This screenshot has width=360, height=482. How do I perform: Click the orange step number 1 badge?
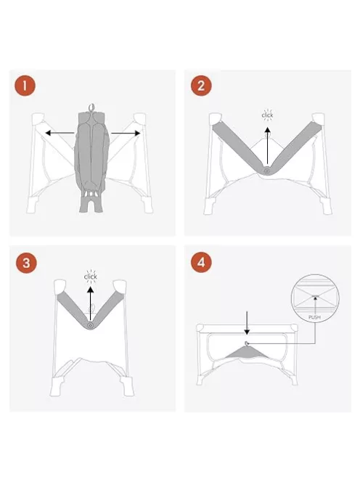pos(25,86)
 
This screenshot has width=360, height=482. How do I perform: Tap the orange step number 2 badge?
pos(201,86)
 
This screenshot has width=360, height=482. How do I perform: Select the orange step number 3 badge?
pos(26,263)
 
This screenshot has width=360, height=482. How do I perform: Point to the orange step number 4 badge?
pos(201,262)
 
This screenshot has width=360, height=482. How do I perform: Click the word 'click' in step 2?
pos(267,115)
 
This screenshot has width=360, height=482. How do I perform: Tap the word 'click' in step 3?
pos(91,277)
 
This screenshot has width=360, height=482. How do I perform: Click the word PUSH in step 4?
pos(314,317)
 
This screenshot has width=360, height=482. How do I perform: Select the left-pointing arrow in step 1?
pos(60,133)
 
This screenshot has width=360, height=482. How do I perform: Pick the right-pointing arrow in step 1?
pos(126,133)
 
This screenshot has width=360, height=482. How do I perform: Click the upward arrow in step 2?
pos(268,146)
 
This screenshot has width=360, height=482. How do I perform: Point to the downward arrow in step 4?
pos(247,323)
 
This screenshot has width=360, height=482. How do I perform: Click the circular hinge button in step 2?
pos(266,170)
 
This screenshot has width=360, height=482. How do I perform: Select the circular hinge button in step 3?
pos(90,325)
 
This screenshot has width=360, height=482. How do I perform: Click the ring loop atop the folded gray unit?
pos(91,107)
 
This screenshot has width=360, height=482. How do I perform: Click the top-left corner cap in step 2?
pos(215,118)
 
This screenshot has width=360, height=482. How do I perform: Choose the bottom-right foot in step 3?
pos(127,386)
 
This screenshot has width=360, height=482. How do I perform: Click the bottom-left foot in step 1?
pos(33,205)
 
